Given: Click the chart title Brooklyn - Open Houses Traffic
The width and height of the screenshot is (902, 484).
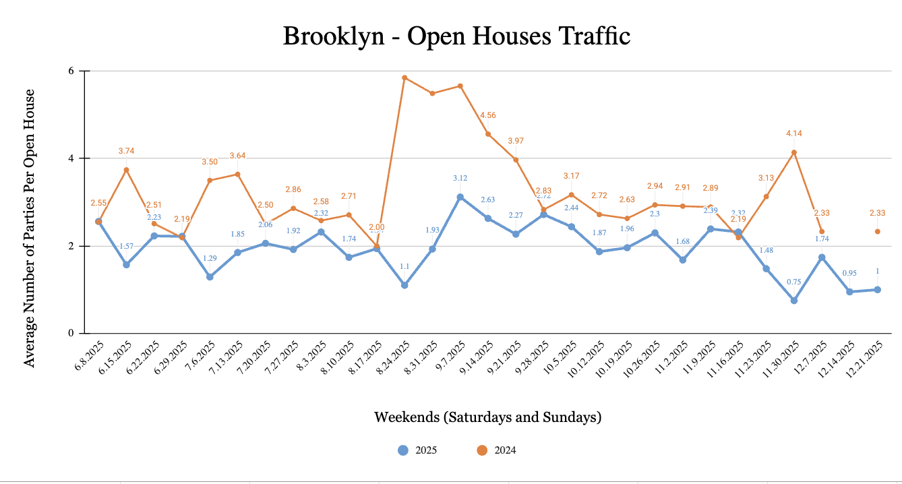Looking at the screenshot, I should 456,36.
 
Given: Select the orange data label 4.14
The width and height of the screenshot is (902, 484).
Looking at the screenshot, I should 793,133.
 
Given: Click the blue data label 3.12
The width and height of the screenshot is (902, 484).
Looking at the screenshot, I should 460,179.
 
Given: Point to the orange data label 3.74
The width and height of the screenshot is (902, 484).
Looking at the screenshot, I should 126,151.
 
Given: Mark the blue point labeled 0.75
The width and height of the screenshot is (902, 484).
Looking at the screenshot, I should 794,301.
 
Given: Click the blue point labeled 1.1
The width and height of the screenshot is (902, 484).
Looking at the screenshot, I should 404,285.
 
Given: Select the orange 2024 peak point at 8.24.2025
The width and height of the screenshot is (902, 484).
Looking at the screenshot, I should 404,78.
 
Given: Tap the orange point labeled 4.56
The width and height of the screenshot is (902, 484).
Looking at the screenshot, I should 488,134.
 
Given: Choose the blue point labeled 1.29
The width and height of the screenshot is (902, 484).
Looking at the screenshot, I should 210,277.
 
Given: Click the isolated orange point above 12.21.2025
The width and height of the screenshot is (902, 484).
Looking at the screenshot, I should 878,231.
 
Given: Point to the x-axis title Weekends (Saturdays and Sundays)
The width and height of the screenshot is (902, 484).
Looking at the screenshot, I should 487,417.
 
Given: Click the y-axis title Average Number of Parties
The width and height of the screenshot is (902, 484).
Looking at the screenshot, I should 29,229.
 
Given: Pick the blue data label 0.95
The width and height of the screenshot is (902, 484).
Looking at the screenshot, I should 849,273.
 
